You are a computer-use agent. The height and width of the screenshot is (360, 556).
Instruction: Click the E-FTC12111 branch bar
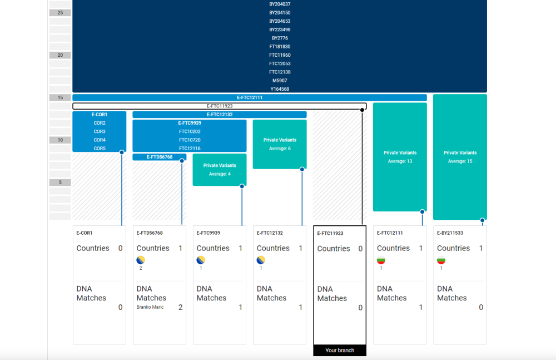pyautogui.click(x=250, y=97)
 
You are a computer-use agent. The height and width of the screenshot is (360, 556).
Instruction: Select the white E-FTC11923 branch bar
pyautogui.click(x=219, y=106)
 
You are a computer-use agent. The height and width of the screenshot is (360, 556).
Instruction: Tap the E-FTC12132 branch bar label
pyautogui.click(x=219, y=115)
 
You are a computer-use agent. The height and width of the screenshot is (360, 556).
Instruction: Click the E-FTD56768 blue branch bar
pyautogui.click(x=159, y=157)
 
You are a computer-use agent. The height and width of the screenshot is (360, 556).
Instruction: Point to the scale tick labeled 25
pyautogui.click(x=60, y=13)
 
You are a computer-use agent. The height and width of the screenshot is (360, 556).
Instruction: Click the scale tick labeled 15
pyautogui.click(x=60, y=97)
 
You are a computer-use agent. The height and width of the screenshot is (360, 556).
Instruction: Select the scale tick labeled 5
pyautogui.click(x=60, y=183)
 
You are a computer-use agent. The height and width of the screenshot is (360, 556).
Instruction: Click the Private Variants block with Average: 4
pyautogui.click(x=220, y=170)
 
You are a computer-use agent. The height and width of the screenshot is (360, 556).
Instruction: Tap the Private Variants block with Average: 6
pyautogui.click(x=280, y=144)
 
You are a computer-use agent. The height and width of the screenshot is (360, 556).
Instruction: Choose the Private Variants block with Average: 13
pyautogui.click(x=400, y=157)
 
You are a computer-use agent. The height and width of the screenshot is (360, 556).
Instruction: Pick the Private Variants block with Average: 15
pyautogui.click(x=460, y=157)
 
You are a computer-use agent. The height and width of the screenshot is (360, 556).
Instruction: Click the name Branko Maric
pyautogui.click(x=150, y=307)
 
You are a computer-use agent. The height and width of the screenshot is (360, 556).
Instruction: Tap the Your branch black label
pyautogui.click(x=340, y=351)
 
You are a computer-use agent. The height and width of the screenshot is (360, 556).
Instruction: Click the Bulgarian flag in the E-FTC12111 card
pyautogui.click(x=381, y=260)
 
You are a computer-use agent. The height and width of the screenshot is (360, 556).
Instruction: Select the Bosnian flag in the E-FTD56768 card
pyautogui.click(x=141, y=260)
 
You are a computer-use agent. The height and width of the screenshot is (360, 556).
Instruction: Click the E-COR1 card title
pyautogui.click(x=85, y=233)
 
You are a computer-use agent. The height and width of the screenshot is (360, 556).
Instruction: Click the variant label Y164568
pyautogui.click(x=279, y=89)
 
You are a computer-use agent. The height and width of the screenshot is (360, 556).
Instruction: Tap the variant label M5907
pyautogui.click(x=279, y=81)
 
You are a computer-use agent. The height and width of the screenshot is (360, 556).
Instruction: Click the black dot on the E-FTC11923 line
pyautogui.click(x=362, y=110)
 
